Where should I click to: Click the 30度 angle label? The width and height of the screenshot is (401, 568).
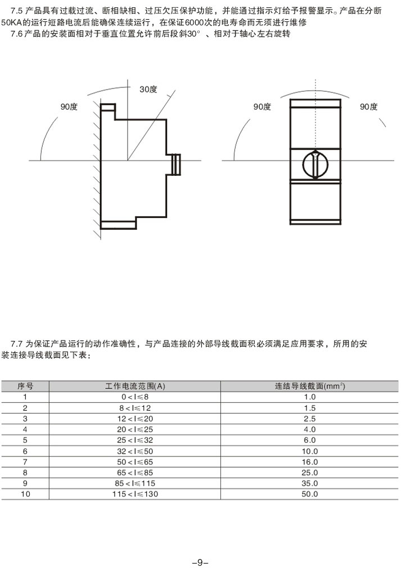pos(149,88)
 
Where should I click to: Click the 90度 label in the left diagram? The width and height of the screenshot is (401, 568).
pos(69,106)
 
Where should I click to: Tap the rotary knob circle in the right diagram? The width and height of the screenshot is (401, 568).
pos(315,165)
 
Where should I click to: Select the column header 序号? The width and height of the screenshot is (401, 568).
pos(25,386)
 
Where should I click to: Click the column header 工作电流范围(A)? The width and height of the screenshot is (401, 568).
pos(135,386)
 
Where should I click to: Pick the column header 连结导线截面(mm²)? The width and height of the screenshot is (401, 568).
pos(310,386)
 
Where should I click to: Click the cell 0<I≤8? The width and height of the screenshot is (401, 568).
pos(135,397)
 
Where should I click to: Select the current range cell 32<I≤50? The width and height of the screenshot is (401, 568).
pos(135,451)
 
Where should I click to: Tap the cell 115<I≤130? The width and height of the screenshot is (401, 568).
pos(135,494)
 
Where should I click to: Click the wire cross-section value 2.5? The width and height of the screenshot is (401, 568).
pos(310,419)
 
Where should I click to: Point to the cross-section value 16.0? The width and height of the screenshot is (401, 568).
pos(310,461)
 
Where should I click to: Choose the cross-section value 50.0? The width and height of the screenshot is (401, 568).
pos(310,494)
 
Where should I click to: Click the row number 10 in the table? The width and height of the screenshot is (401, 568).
pos(25,494)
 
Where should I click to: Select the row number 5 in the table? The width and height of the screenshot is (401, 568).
pos(25,440)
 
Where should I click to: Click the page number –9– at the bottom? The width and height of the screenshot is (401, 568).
pos(200,561)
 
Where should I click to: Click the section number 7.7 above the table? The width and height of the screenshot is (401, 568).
pos(19,344)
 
